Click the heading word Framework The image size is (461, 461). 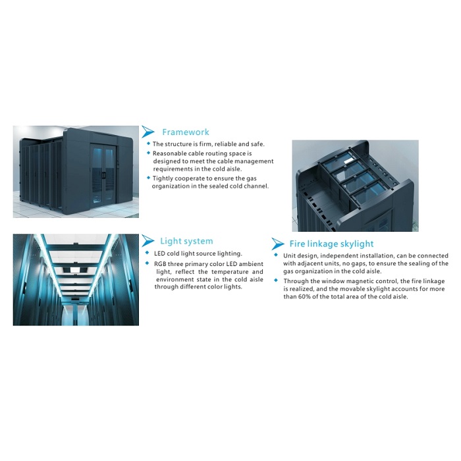point(186,132)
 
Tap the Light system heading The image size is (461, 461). point(186,241)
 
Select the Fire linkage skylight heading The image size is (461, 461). point(331,244)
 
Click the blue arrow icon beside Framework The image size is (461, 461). point(149,132)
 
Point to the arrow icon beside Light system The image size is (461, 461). point(148,241)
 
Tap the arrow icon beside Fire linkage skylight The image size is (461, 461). point(278,244)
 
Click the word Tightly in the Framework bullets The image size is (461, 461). point(165,178)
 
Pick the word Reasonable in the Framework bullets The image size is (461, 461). point(172,153)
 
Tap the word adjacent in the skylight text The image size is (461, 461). point(312,263)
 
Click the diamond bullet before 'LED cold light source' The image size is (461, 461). point(148,253)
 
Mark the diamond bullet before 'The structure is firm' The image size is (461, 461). point(148,144)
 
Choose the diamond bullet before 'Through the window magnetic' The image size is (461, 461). point(277,281)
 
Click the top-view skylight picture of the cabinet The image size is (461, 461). point(356,185)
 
